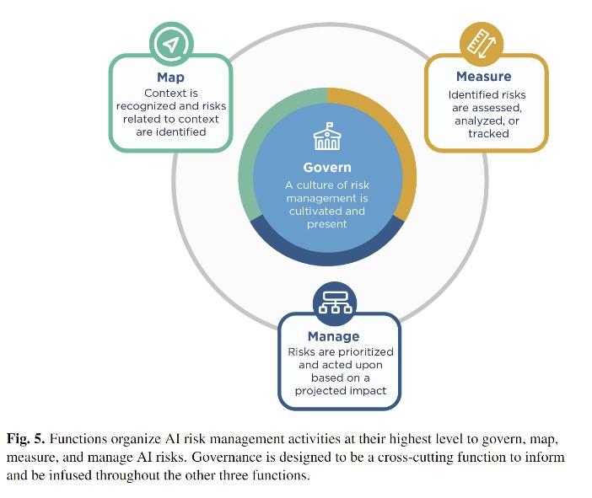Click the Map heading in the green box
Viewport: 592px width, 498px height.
point(170,78)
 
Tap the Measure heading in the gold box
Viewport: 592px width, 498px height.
point(483,77)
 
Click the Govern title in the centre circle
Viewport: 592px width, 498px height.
point(327,167)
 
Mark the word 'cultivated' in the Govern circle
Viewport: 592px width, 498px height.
point(317,212)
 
